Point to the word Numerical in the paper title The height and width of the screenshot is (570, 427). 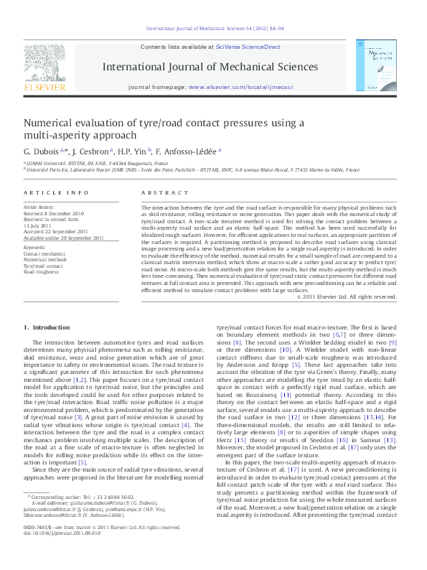(x=48, y=123)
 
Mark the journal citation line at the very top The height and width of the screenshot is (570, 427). (x=214, y=29)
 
